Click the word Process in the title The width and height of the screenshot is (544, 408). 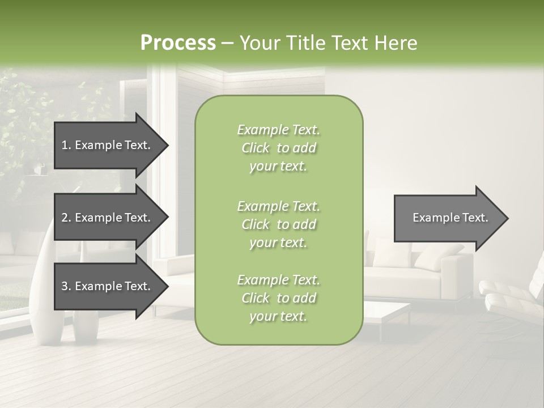click(x=178, y=43)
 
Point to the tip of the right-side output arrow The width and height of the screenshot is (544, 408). click(x=507, y=218)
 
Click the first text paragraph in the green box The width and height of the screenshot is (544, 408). click(x=278, y=148)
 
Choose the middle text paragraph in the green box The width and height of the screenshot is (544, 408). click(x=278, y=224)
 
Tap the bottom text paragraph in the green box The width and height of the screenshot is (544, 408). click(x=278, y=298)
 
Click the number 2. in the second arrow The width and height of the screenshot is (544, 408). click(x=66, y=218)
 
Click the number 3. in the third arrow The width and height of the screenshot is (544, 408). click(x=66, y=286)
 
